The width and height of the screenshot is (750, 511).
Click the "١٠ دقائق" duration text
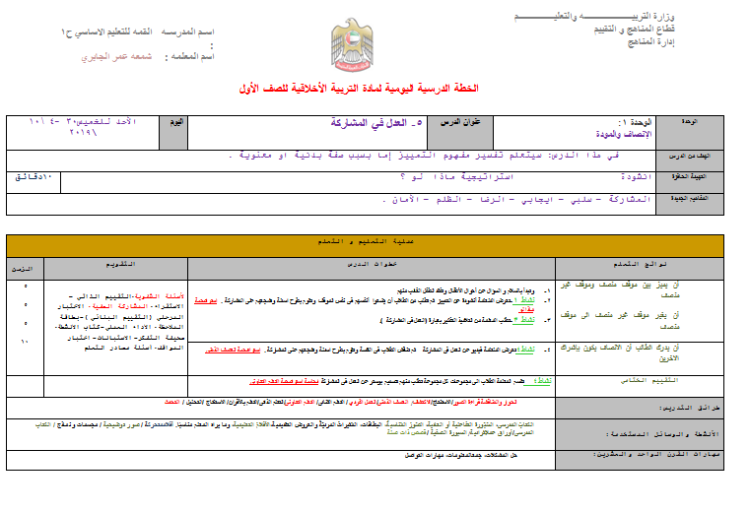34,175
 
